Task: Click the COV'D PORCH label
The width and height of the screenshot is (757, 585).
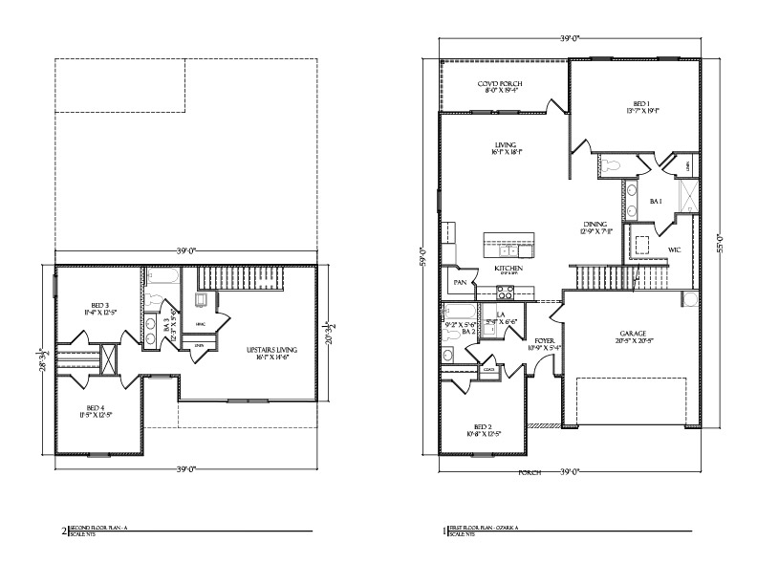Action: pyautogui.click(x=500, y=84)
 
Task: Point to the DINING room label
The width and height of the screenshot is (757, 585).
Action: pyautogui.click(x=594, y=225)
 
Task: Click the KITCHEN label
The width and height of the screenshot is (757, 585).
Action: pyautogui.click(x=508, y=270)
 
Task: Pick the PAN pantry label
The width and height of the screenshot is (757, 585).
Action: pyautogui.click(x=460, y=283)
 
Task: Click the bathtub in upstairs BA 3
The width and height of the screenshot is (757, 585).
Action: pyautogui.click(x=163, y=279)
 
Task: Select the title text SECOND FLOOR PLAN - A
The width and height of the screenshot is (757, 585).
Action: pyautogui.click(x=104, y=527)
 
